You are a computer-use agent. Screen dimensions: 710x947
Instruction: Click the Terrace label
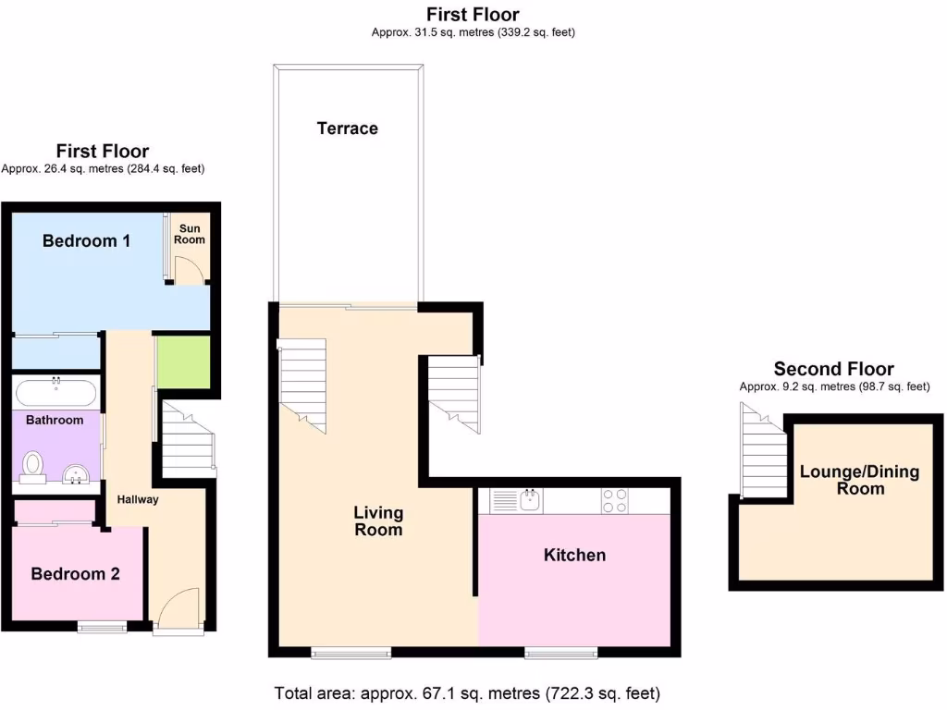(x=347, y=129)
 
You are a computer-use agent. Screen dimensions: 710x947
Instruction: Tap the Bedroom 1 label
(x=86, y=241)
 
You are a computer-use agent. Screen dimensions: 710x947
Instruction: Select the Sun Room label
(x=190, y=234)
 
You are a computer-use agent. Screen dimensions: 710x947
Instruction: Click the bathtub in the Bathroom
(x=55, y=393)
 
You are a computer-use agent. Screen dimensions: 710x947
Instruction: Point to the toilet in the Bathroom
(x=33, y=465)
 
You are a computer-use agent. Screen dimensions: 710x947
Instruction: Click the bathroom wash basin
(x=75, y=475)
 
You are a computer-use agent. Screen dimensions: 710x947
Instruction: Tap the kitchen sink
(x=530, y=500)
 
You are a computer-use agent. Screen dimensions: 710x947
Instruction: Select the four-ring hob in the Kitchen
(x=616, y=500)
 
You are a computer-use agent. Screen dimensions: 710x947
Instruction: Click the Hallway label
(x=138, y=499)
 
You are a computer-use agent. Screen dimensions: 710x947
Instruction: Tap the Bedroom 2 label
(x=76, y=574)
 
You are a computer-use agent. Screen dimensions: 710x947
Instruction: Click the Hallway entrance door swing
(x=178, y=610)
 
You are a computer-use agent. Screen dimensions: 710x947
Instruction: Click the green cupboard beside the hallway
(x=183, y=362)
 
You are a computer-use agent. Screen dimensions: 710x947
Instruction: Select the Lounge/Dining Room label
(x=859, y=480)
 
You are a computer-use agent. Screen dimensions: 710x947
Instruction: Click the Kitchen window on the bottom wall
(x=560, y=653)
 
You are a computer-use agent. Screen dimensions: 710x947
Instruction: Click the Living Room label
(x=378, y=521)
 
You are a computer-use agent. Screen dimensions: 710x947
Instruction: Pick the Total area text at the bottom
(x=467, y=692)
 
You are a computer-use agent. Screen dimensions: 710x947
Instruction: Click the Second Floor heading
(x=833, y=369)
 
